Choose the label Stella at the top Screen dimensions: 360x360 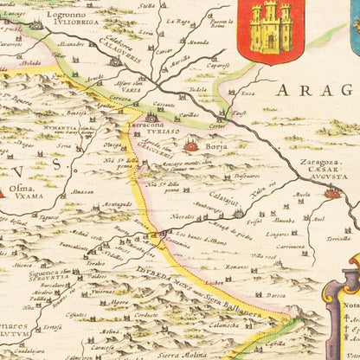(x=146, y=5)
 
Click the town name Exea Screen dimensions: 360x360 (x=247, y=93)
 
